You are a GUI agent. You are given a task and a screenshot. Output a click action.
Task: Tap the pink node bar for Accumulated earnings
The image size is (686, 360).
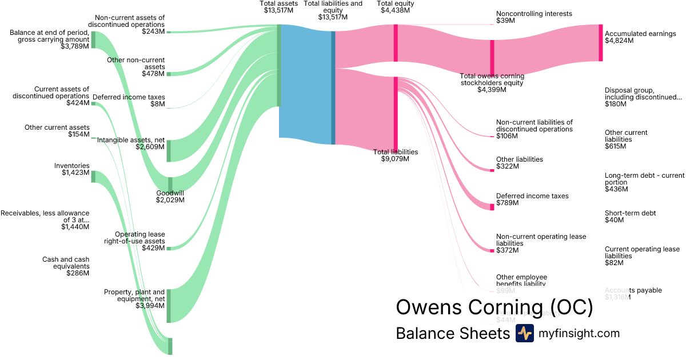tap(601, 42)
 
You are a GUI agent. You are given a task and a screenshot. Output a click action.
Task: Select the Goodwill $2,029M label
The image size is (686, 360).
tap(170, 197)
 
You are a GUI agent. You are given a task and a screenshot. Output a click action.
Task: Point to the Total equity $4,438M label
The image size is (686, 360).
tap(396, 7)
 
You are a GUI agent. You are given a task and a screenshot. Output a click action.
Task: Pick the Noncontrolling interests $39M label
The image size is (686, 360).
tap(534, 17)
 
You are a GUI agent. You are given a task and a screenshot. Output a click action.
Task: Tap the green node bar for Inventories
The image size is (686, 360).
tap(93, 176)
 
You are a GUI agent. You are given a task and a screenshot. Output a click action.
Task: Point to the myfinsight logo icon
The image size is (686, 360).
tap(525, 333)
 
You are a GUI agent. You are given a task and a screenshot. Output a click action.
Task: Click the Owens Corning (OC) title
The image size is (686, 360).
tap(494, 307)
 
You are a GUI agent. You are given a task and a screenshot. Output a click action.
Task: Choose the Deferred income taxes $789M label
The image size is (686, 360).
tap(532, 199)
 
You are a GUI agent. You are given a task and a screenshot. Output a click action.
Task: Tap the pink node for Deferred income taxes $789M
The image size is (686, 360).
tap(492, 206)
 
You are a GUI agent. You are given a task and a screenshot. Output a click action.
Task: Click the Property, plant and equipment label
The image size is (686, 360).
tap(134, 295)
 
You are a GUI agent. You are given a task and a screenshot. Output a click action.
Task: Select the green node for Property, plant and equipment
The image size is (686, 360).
tap(169, 306)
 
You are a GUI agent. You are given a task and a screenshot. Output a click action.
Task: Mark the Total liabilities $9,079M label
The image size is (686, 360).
tap(396, 155)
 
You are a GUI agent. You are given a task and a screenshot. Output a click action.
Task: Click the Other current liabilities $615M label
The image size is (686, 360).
tap(626, 139)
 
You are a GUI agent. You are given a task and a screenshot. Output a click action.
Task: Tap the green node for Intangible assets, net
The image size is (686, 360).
tap(169, 150)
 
